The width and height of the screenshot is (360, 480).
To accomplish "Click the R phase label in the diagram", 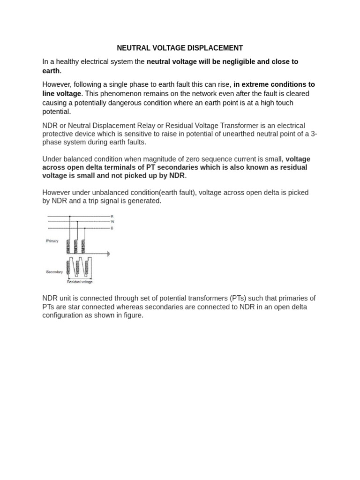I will tap(112, 216).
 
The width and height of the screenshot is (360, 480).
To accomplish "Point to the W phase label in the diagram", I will tap(112, 222).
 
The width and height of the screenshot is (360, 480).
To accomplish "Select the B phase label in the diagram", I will tap(112, 228).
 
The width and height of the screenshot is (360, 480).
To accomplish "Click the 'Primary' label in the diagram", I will tap(52, 241).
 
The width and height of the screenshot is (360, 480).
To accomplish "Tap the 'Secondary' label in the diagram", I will tap(54, 272).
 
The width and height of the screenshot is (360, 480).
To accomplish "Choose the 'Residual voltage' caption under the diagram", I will tap(80, 282).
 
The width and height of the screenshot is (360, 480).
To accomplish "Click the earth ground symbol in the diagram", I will tap(109, 254).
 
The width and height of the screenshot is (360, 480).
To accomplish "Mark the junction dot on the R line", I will tap(70, 216).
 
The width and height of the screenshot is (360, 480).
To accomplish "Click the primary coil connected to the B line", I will tap(84, 246).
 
